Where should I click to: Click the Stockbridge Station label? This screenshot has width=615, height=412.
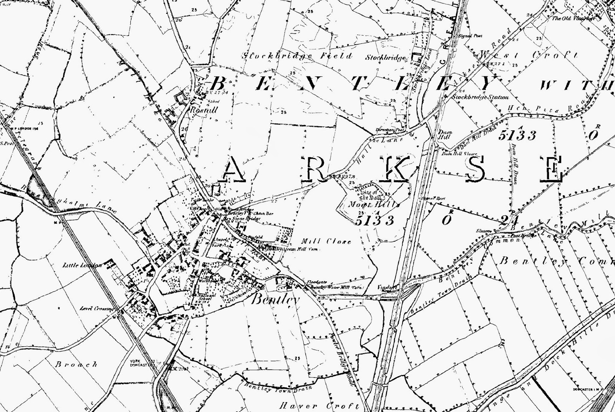click(480, 98)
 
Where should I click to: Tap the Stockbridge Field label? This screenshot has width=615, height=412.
click(297, 56)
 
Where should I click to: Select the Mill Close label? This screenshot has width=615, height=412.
click(326, 242)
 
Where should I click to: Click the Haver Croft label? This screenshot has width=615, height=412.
click(320, 406)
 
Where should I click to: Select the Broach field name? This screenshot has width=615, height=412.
click(76, 364)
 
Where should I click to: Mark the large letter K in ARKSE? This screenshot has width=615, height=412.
click(395, 169)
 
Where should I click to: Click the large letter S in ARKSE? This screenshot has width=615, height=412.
click(477, 169)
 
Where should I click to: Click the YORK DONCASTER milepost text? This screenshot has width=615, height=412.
click(138, 363)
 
